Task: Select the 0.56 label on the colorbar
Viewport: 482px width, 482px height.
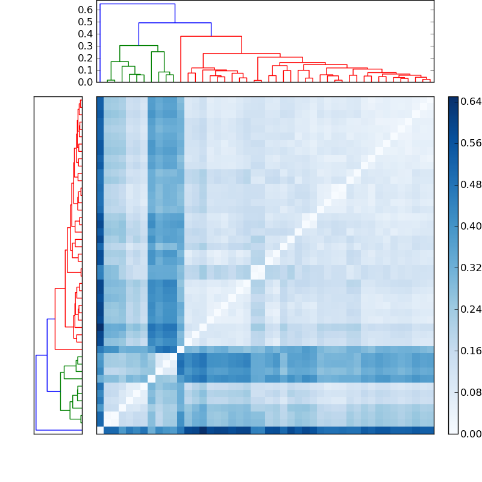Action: (471, 143)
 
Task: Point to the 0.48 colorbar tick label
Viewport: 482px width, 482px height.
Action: (471, 184)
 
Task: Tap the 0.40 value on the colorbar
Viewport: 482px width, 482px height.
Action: (471, 226)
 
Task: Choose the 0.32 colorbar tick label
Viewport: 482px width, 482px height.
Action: (471, 268)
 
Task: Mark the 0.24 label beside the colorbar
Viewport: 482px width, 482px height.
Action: (471, 309)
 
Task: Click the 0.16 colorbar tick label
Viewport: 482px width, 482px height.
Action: (471, 351)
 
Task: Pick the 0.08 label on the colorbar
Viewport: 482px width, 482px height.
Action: (471, 392)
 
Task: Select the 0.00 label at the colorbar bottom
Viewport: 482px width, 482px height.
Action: (471, 434)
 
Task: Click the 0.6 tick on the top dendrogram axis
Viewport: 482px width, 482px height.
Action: (85, 10)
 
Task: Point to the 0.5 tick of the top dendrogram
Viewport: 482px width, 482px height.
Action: (85, 22)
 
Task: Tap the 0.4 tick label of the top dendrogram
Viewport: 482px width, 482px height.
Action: (85, 34)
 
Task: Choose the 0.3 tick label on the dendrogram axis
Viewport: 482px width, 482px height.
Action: (85, 46)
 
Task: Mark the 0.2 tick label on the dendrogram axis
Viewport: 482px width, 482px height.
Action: (85, 58)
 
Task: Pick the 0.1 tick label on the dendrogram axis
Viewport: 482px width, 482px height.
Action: (85, 70)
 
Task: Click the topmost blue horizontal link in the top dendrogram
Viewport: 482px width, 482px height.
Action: (137, 4)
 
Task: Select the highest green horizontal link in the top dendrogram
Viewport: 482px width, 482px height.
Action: (139, 46)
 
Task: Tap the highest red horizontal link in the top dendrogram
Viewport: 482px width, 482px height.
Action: (211, 37)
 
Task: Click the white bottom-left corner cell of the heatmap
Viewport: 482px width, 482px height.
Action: (100, 430)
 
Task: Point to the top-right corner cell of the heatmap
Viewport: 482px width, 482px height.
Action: (430, 100)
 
